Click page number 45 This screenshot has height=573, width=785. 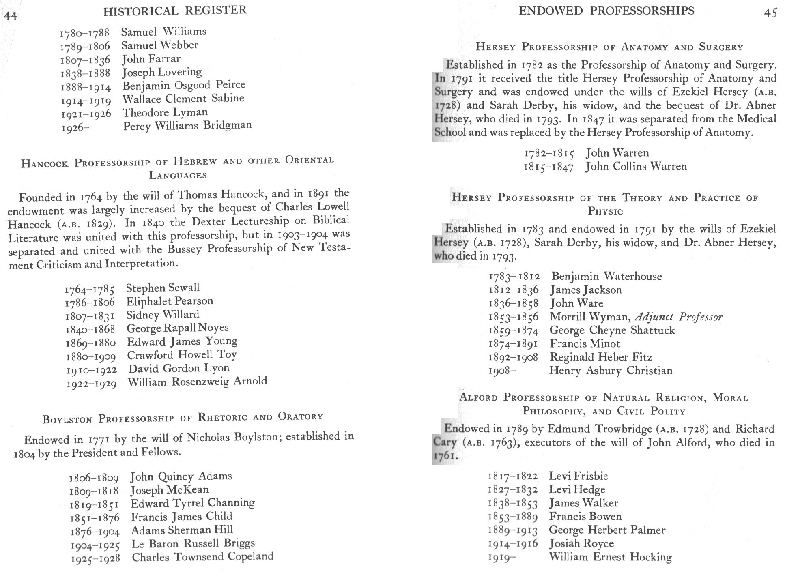click(x=770, y=13)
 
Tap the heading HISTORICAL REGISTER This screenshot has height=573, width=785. click(x=175, y=11)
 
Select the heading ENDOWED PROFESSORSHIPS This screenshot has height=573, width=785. click(x=606, y=11)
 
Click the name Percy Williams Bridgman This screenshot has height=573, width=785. click(x=187, y=126)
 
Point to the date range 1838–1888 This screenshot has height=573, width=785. click(x=85, y=73)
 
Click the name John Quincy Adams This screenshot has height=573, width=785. click(x=181, y=476)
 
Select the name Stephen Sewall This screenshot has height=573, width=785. click(x=163, y=288)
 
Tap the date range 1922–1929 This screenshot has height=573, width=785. click(x=92, y=384)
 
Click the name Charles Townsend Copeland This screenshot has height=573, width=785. click(x=202, y=557)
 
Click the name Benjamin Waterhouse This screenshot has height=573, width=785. click(x=606, y=277)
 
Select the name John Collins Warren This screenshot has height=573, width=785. click(x=636, y=167)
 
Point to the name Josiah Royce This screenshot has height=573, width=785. click(x=581, y=543)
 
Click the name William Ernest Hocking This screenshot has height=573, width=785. click(x=610, y=557)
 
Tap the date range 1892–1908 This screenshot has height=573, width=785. click(x=514, y=357)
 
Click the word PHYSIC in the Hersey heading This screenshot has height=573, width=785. click(x=605, y=211)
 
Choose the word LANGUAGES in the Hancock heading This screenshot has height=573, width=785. click(x=178, y=175)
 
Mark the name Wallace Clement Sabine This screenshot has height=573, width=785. click(x=183, y=99)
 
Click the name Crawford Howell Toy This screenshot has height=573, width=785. click(x=182, y=355)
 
